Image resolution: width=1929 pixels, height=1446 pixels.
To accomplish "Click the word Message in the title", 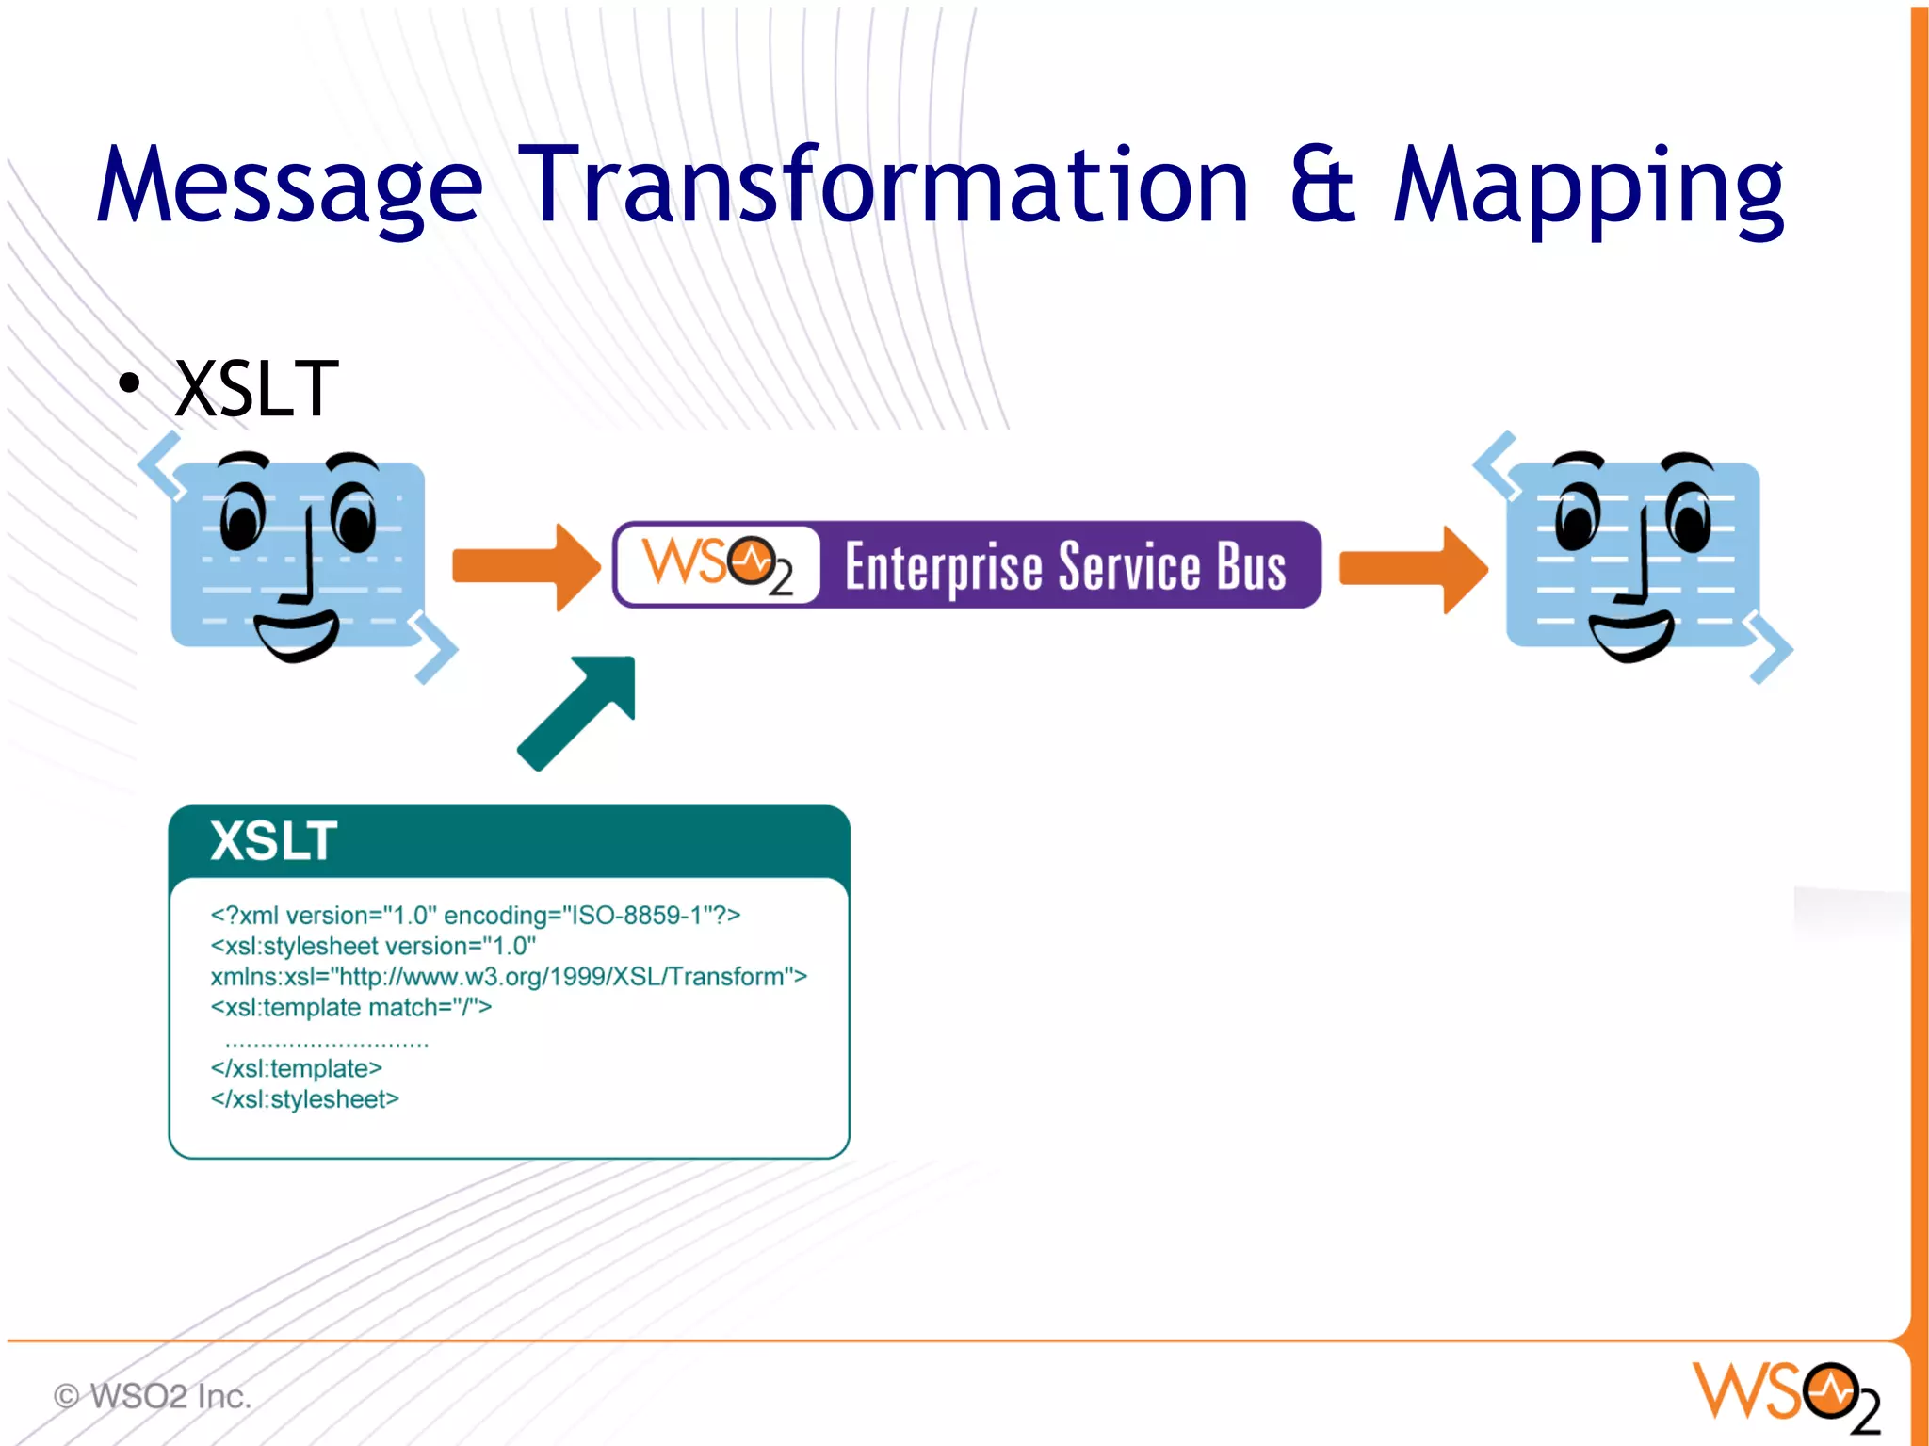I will [289, 186].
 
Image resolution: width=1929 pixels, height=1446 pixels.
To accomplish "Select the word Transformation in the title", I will [883, 186].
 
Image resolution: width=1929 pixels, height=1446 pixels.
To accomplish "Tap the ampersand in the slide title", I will [1323, 186].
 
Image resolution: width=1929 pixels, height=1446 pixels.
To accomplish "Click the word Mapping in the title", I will [1588, 186].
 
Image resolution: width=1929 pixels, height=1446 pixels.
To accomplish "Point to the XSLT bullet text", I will [256, 389].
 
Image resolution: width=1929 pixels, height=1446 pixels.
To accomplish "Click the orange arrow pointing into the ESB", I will [525, 567].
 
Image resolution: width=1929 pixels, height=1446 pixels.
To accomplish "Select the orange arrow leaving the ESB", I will [1412, 569].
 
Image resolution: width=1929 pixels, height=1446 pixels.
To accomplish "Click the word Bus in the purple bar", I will [1252, 567].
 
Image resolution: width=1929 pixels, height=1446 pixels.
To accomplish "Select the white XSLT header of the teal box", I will [273, 840].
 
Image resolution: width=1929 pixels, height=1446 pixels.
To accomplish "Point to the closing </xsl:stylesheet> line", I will [305, 1099].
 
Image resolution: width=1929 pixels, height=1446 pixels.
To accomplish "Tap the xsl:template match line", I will [350, 1008].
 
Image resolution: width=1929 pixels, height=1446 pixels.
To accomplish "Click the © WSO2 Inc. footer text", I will [153, 1396].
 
